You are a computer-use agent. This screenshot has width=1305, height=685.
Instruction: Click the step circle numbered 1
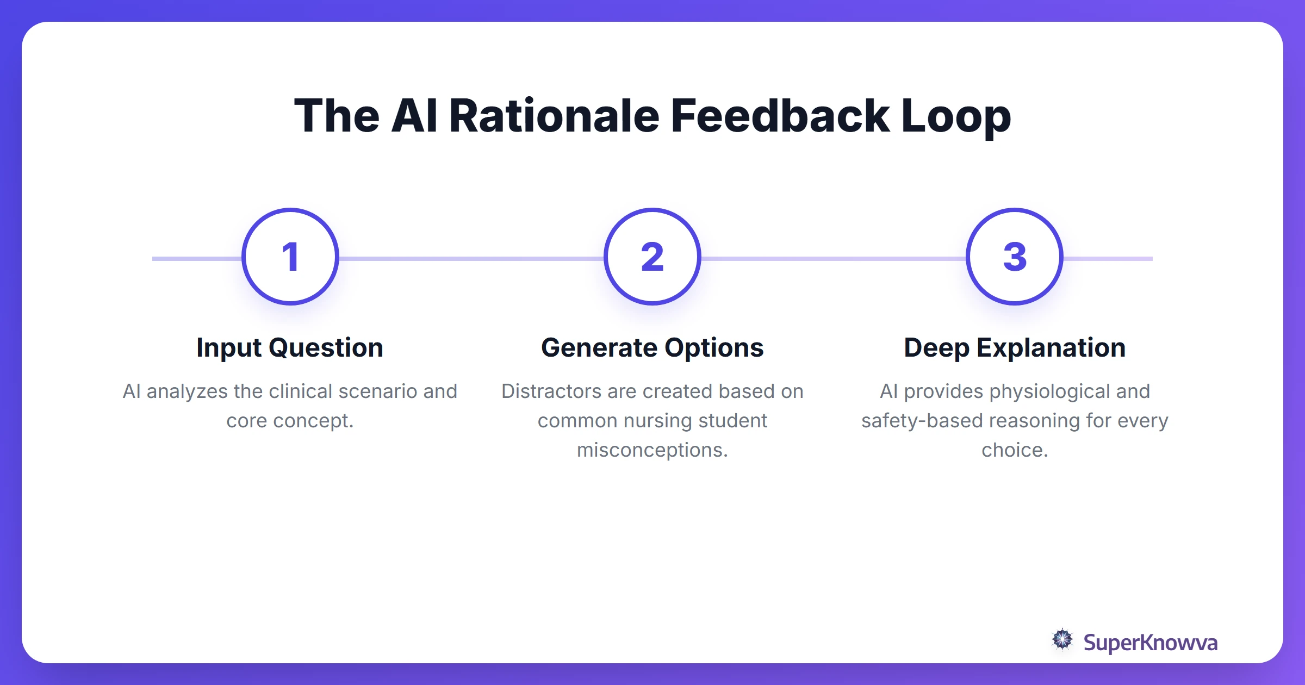pos(290,257)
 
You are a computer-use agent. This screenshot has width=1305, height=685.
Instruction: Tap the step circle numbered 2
pos(652,257)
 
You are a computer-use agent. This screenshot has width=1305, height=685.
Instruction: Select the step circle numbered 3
pos(1015,257)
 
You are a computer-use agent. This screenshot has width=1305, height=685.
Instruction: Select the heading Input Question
pos(290,348)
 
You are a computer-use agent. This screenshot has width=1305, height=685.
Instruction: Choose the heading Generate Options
pos(652,348)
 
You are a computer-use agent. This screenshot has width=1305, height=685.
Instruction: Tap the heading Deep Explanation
pos(1015,348)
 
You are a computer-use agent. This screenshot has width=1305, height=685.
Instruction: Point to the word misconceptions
pos(652,450)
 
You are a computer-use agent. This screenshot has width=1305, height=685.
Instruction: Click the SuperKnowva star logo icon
pos(1062,640)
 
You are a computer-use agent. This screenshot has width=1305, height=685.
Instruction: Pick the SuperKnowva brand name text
pos(1150,643)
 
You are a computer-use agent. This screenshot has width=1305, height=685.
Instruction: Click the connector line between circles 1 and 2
pos(471,259)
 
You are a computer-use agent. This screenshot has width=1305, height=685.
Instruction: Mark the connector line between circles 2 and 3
pos(833,259)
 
